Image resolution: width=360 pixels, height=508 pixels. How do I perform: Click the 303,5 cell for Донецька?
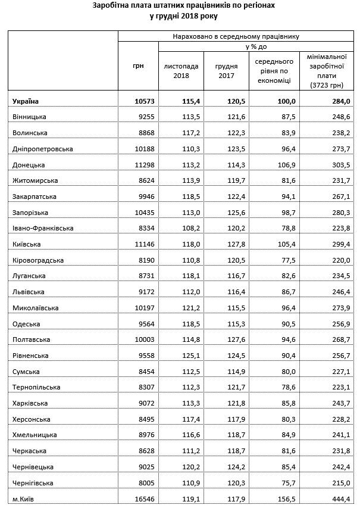pyautogui.click(x=340, y=164)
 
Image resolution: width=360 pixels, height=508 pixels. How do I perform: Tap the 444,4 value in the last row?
pyautogui.click(x=340, y=498)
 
